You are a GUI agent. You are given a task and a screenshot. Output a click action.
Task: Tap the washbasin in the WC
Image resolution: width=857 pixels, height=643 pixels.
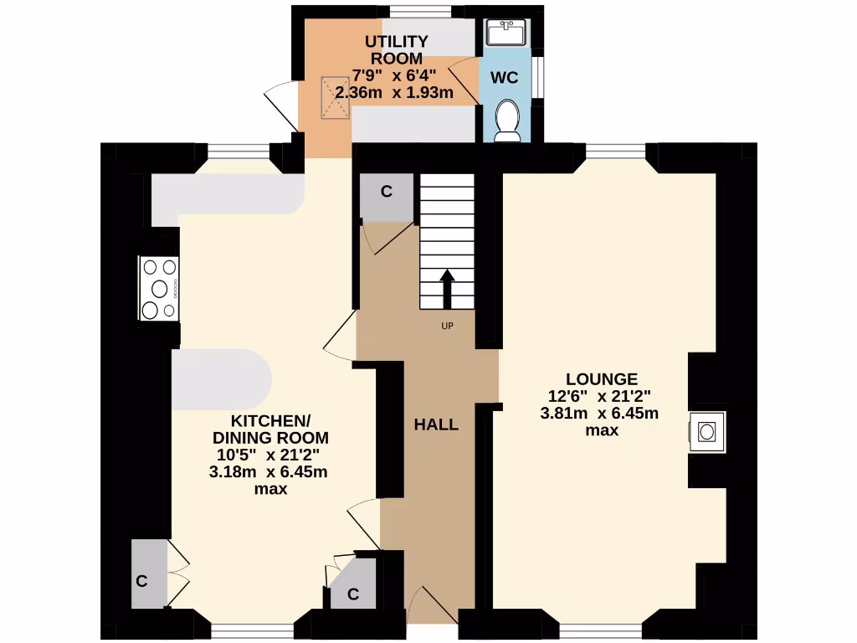point(505,34)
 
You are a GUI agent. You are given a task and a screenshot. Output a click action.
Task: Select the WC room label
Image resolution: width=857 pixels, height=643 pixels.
point(505,78)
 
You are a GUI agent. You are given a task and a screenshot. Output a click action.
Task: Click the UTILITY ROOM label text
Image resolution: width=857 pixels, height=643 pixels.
point(397,49)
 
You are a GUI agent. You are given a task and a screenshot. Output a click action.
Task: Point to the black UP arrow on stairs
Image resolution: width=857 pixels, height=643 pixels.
point(448,289)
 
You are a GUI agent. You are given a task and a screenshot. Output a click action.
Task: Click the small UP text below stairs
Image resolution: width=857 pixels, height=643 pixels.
point(447,327)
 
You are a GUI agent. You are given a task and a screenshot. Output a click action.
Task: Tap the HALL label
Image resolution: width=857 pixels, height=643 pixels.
point(436,424)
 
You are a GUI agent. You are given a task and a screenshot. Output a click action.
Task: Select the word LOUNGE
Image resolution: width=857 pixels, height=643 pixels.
point(601,378)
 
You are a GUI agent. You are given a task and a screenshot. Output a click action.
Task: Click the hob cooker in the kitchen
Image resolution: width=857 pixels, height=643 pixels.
point(159,289)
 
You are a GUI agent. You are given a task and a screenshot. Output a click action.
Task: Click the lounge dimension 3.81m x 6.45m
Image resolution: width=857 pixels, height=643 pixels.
point(600,414)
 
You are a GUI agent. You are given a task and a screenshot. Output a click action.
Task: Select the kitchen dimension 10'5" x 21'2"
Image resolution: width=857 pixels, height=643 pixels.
point(269,455)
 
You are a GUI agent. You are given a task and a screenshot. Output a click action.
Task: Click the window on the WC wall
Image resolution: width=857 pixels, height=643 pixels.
point(541,76)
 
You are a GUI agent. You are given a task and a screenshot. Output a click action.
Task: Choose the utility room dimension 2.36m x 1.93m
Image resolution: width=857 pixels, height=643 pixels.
point(393,93)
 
